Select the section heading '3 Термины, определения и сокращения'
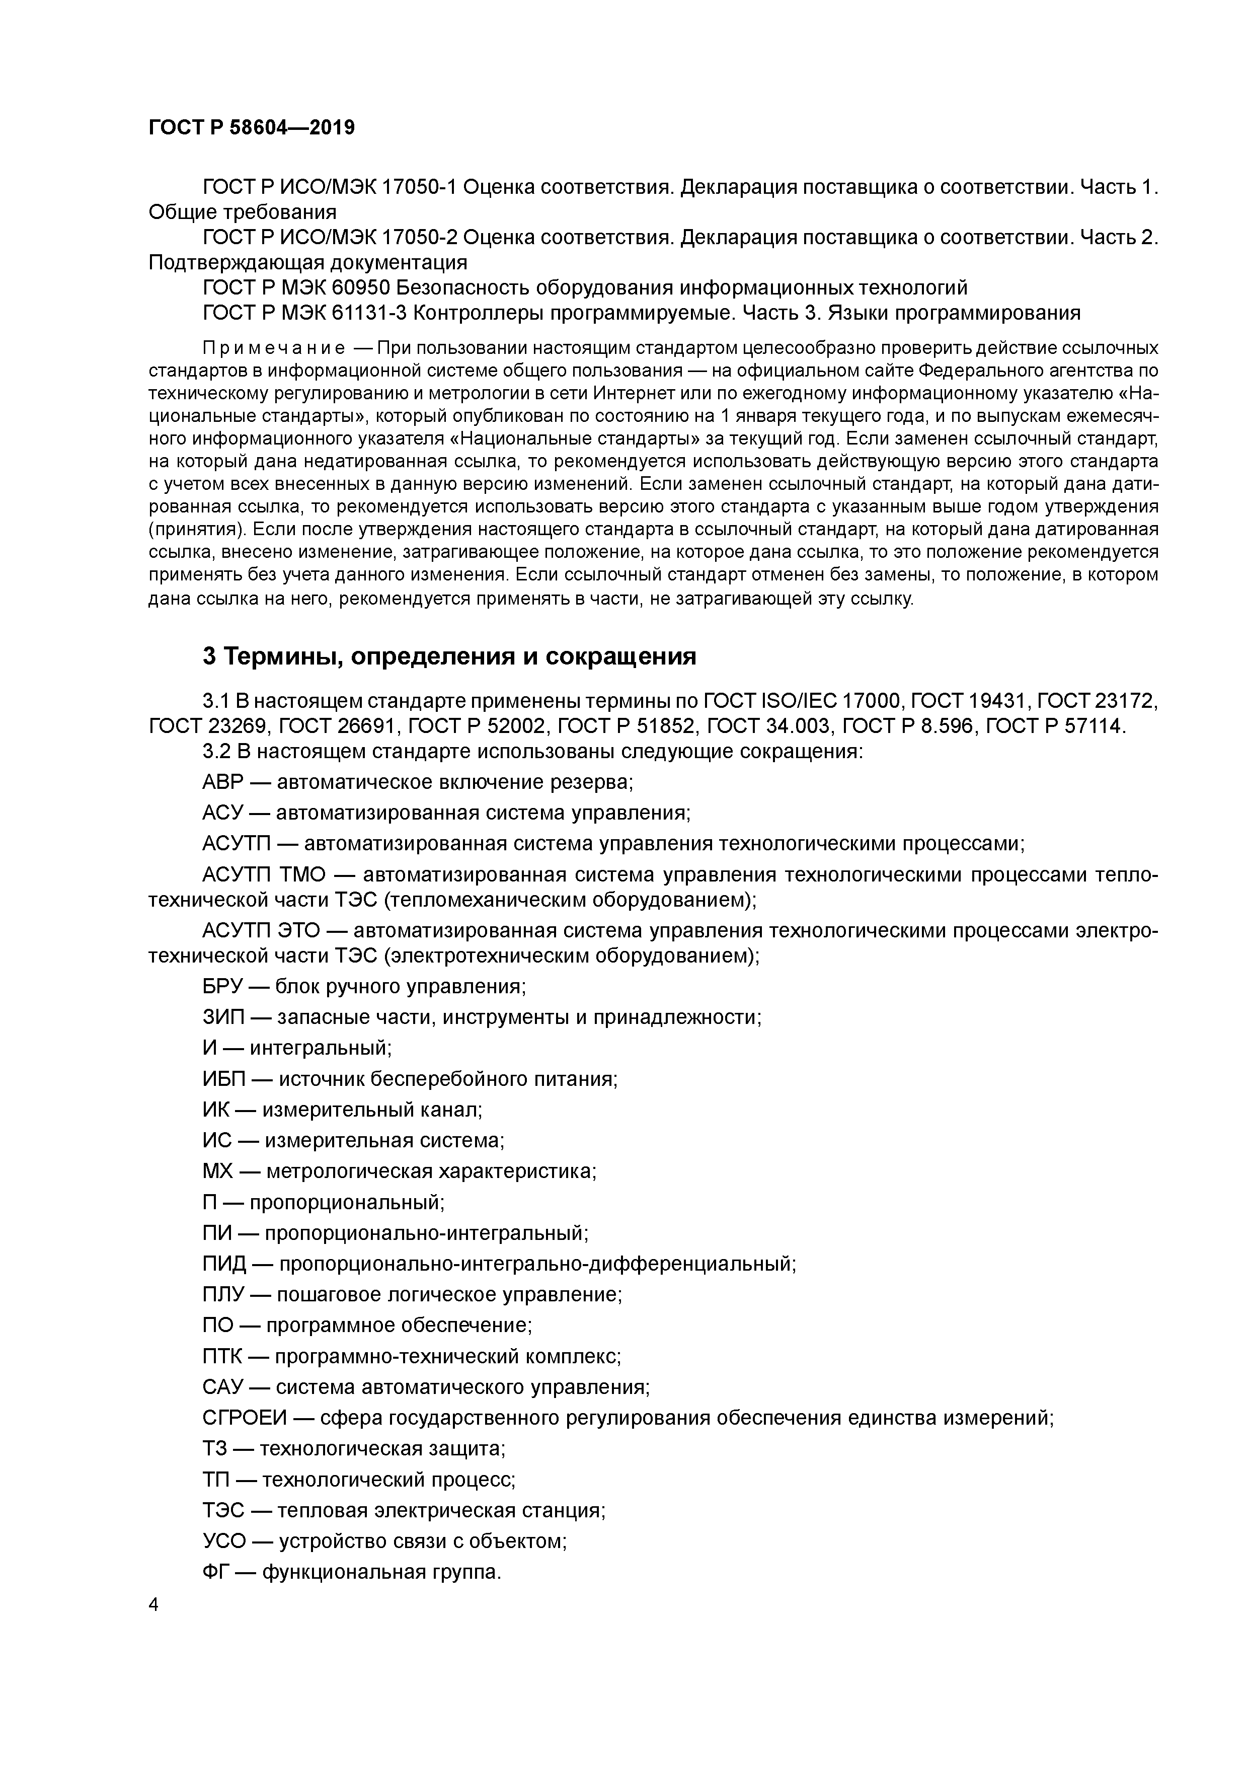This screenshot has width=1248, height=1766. (449, 656)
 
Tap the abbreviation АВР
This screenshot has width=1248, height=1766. (223, 782)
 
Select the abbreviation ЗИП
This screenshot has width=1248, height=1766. (223, 1017)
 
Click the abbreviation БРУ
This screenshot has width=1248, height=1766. (222, 987)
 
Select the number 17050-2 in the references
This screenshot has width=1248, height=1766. (424, 238)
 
